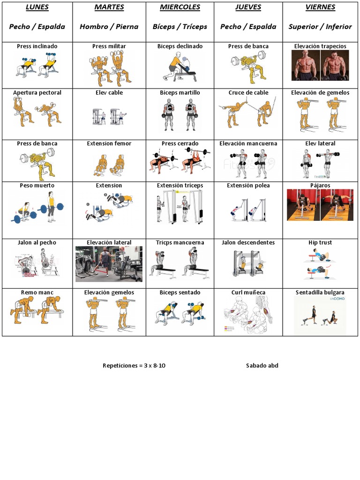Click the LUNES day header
37,7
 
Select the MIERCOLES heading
180,7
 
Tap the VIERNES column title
320,7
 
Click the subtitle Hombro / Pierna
109,27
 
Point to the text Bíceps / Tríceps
180,27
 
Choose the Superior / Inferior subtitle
320,27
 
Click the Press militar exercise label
109,46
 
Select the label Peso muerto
37,186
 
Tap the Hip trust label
320,242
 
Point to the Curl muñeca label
248,292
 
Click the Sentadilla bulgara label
320,292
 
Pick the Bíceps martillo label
180,92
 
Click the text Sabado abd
262,366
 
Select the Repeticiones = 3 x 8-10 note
134,366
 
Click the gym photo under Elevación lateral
109,264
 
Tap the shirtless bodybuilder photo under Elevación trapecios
320,66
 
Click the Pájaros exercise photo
320,205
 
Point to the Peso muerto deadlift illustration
37,207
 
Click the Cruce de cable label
248,92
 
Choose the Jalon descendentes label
248,242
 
